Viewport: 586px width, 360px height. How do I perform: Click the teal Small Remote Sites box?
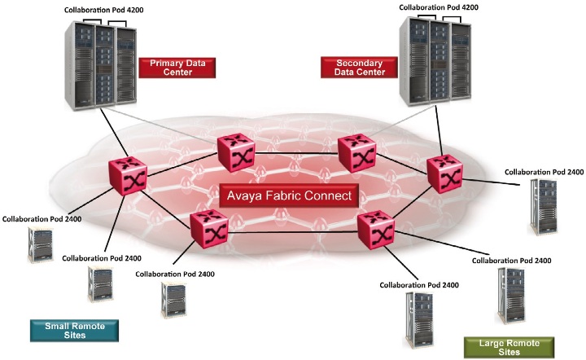click(74, 330)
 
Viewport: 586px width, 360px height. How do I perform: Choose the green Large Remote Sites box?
click(508, 347)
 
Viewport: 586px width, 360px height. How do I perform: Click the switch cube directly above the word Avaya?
click(237, 152)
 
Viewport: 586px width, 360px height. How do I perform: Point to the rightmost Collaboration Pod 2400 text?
click(544, 172)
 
